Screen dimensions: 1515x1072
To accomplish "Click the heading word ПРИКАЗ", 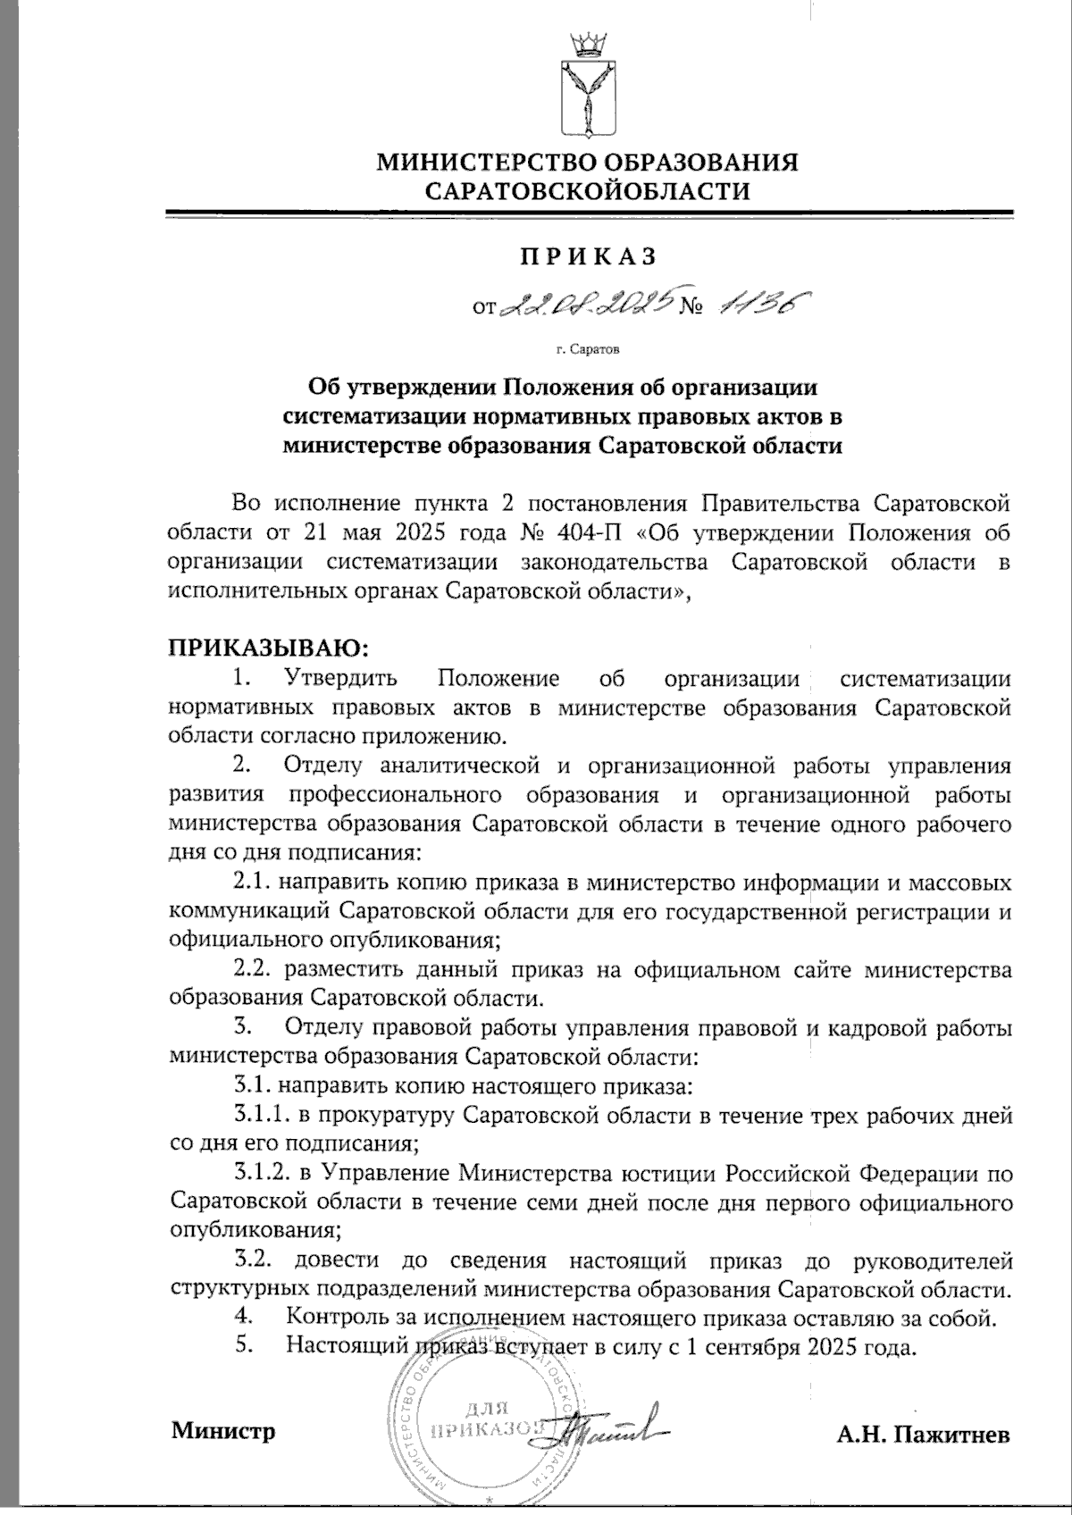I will [589, 256].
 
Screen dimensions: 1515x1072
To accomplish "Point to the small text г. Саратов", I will [586, 351].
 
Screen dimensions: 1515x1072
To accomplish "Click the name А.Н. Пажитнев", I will [924, 1435].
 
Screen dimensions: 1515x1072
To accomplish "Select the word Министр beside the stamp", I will [223, 1430].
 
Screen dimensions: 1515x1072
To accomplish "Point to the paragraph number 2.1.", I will [253, 883].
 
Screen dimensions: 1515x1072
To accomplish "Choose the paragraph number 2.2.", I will [253, 969].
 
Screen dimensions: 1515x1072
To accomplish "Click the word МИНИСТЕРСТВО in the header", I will [486, 163].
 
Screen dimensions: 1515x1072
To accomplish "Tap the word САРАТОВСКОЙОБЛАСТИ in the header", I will [588, 191].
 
